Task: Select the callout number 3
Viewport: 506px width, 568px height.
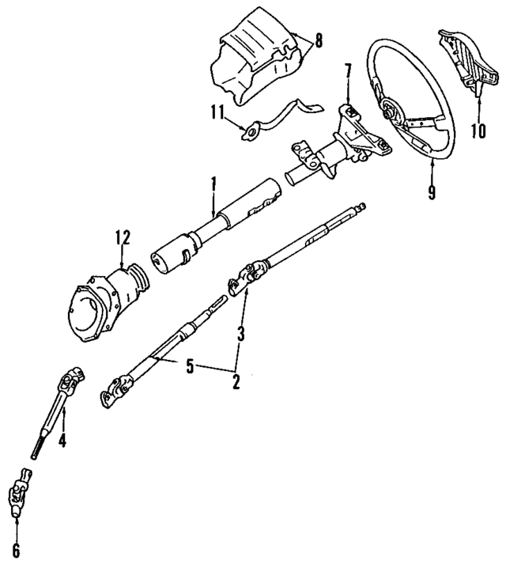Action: [240, 335]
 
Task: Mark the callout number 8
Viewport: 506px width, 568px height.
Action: [318, 41]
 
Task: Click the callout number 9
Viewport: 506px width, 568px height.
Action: [432, 192]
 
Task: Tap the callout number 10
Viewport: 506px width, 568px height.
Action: [477, 130]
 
